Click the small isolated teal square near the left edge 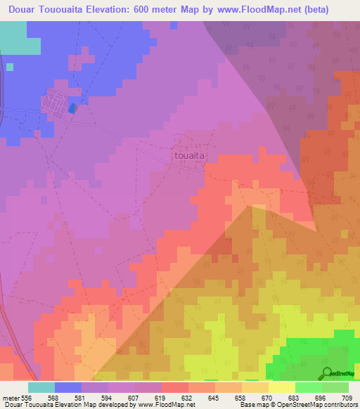[x=10, y=67]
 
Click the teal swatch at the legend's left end [x=41, y=387]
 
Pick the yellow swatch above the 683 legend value [x=281, y=387]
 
